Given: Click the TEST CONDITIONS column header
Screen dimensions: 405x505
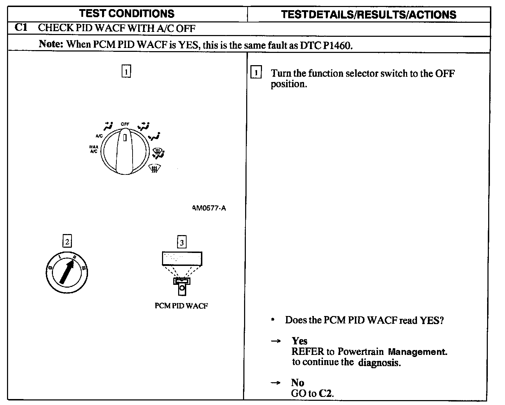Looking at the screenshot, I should (x=127, y=14).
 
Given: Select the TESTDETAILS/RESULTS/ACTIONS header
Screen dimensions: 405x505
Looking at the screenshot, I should (x=369, y=14).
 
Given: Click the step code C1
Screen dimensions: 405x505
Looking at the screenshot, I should (x=21, y=27).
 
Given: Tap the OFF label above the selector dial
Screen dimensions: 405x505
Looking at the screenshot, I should (x=125, y=124).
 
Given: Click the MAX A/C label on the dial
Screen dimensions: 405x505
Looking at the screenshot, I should (x=94, y=149).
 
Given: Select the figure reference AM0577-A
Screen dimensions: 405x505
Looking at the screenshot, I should (x=209, y=208).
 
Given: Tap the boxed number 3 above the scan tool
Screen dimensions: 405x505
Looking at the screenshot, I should (x=181, y=242).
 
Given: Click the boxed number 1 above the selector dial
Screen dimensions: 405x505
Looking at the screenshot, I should (x=126, y=71).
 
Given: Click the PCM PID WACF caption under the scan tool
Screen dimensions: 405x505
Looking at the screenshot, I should (x=181, y=306).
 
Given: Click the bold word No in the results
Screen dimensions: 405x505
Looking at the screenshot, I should (x=297, y=383).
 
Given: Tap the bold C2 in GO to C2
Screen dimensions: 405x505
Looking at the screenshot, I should (x=325, y=393).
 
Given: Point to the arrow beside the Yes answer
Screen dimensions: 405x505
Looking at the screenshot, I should (x=276, y=341).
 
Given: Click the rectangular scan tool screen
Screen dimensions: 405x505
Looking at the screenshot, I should (x=182, y=259).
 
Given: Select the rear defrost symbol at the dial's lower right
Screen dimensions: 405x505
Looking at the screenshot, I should (x=153, y=169).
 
